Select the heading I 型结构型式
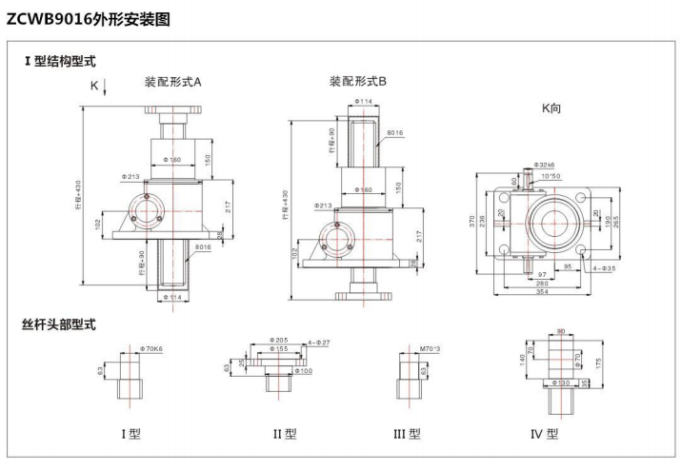(60, 61)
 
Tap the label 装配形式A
(172, 82)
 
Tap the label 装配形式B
(358, 82)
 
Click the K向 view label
(551, 109)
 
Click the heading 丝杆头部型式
(59, 324)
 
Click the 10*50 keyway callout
(551, 176)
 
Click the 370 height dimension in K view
(473, 221)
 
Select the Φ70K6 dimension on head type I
(151, 349)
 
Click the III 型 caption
(407, 435)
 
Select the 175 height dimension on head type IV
(596, 363)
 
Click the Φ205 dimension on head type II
(280, 341)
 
